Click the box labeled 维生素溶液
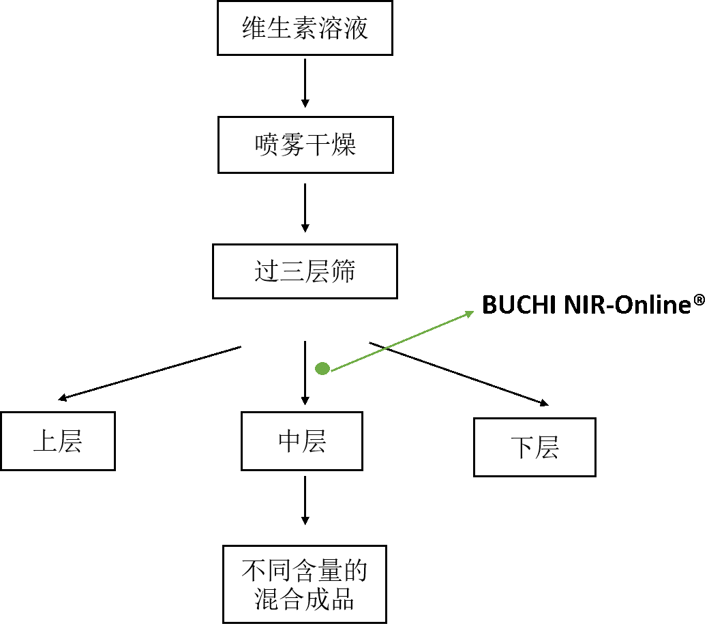(x=305, y=28)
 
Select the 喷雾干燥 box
(x=305, y=145)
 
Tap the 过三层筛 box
(x=305, y=271)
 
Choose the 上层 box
(x=57, y=441)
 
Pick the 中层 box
(x=301, y=441)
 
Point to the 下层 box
(x=534, y=447)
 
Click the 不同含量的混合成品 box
(x=304, y=584)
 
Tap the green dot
(x=322, y=369)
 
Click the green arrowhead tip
(x=472, y=312)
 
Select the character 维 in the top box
(x=254, y=29)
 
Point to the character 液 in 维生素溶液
(x=356, y=29)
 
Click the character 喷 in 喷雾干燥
(x=267, y=145)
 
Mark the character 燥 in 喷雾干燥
(x=344, y=145)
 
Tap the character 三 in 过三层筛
(x=292, y=272)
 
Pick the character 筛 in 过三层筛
(x=343, y=272)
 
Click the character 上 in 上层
(x=45, y=442)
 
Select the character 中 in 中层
(x=290, y=442)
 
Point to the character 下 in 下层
(x=522, y=448)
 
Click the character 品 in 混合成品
(x=342, y=599)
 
